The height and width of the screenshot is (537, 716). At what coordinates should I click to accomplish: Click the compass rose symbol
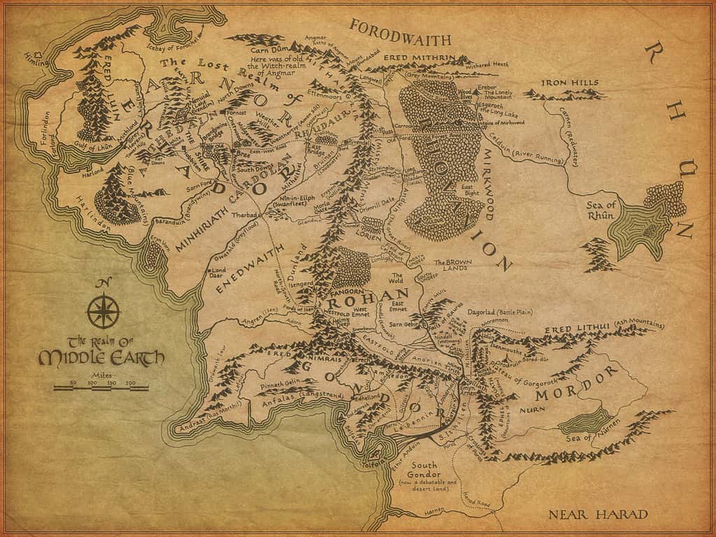pyautogui.click(x=103, y=310)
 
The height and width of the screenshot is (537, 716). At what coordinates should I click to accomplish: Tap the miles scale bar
pyautogui.click(x=102, y=385)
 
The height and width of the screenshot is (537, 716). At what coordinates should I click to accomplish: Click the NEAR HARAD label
pyautogui.click(x=598, y=515)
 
